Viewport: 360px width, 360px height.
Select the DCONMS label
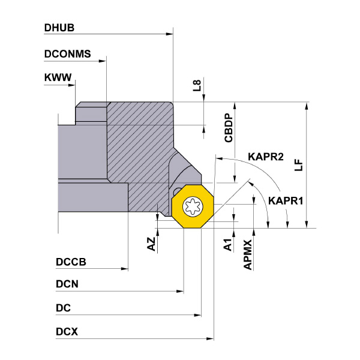pos(68,54)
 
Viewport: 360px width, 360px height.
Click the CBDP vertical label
pos(229,128)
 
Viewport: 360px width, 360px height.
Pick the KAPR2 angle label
pos(265,157)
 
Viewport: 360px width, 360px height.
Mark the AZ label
pos(151,244)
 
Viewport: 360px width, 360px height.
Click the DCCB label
pos(71,262)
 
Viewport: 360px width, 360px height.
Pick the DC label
pos(63,308)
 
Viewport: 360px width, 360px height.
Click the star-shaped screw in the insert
pos(194,208)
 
